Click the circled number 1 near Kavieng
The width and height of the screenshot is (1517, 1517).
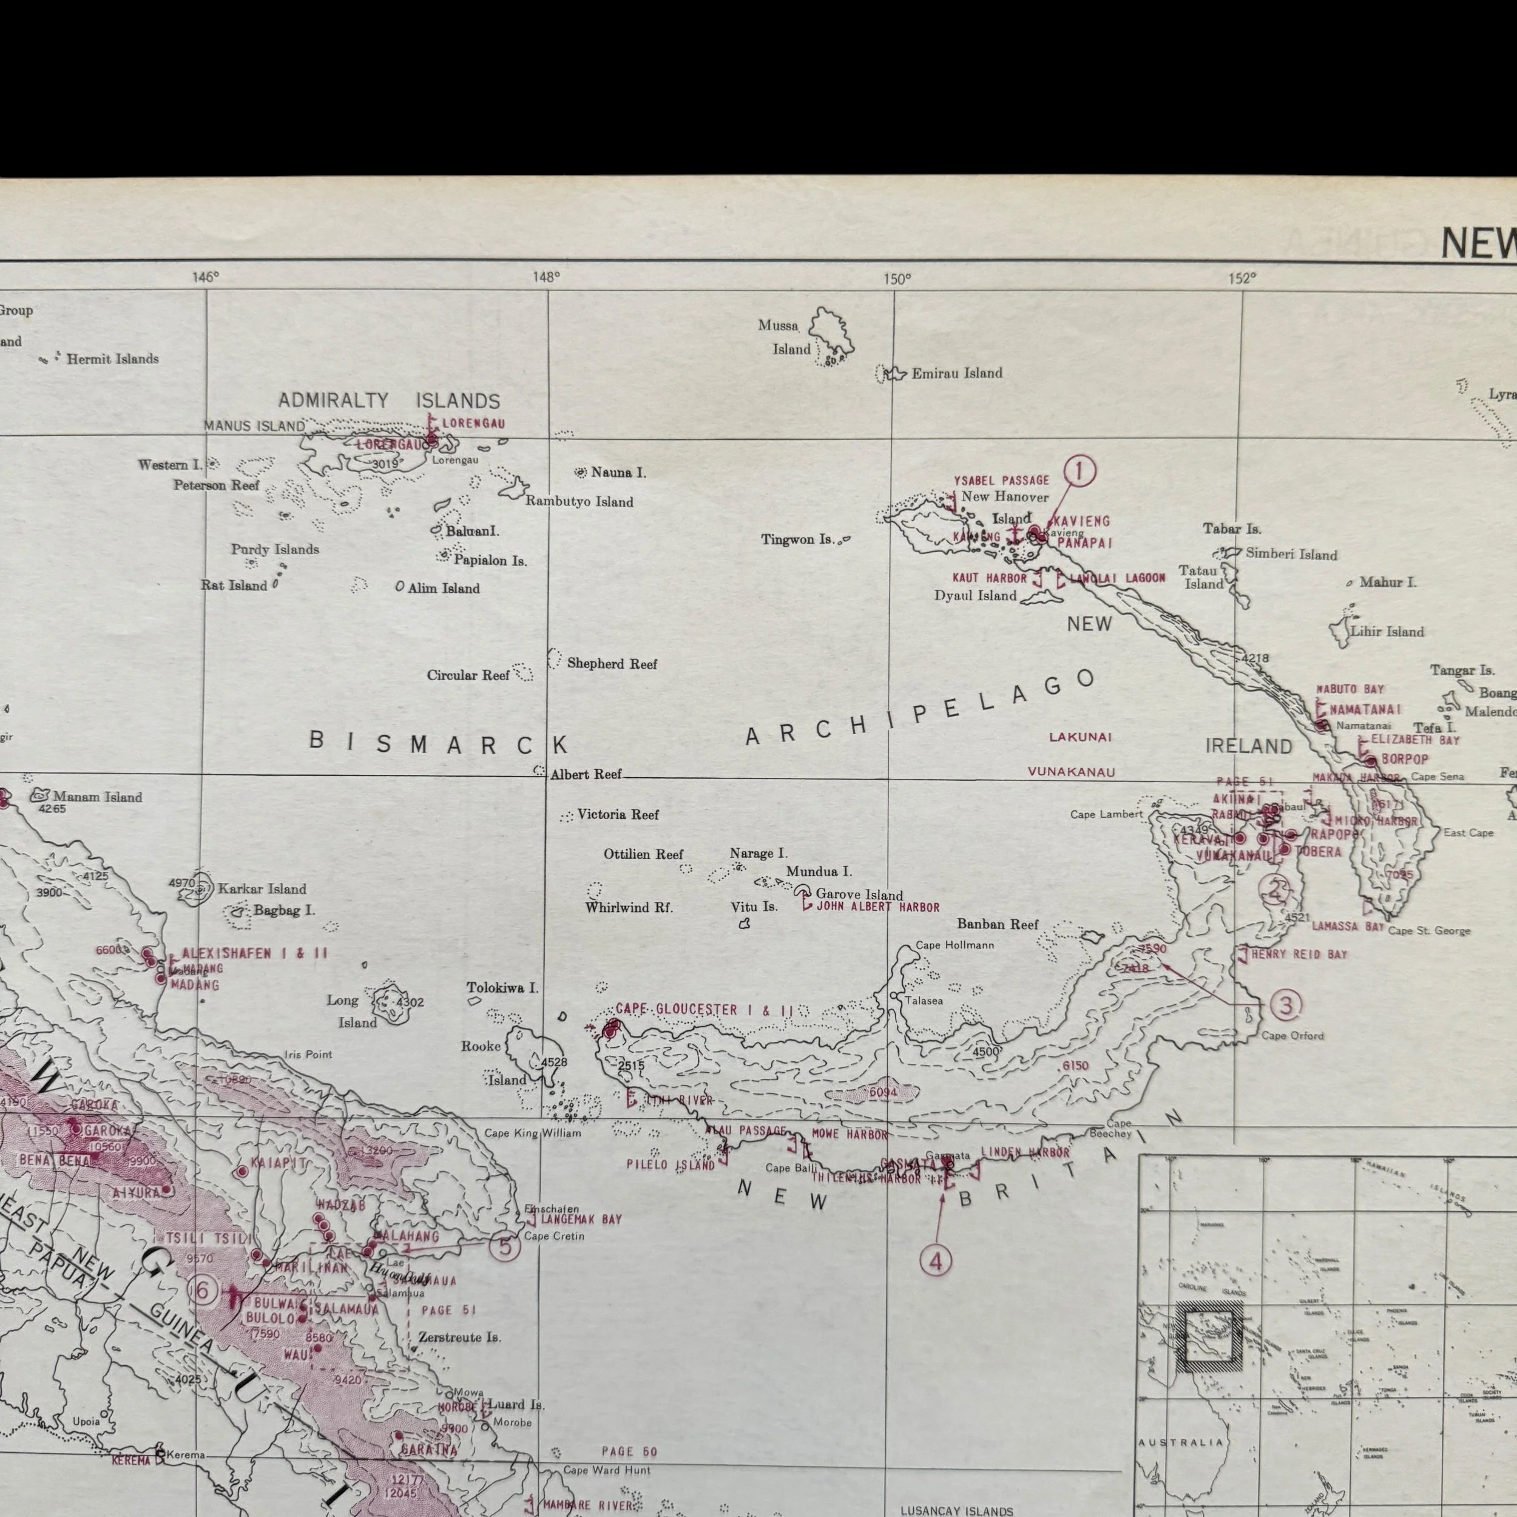click(x=1079, y=472)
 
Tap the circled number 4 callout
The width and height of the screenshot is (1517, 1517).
click(x=935, y=1261)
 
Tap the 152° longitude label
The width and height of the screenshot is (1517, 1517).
click(x=1242, y=277)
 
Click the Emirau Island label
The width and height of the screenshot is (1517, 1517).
click(x=956, y=374)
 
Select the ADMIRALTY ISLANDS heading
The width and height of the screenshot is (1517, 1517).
click(x=389, y=401)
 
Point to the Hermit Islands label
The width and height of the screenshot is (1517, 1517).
click(x=112, y=359)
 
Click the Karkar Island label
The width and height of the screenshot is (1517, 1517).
click(x=262, y=889)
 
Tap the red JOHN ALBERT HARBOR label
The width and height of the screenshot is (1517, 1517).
click(x=878, y=908)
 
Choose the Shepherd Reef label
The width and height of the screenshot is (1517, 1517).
click(x=612, y=663)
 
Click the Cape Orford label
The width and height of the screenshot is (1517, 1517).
click(x=1292, y=1036)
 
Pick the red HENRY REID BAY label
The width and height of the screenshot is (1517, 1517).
click(x=1299, y=954)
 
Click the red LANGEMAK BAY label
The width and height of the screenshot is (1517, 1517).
click(x=580, y=1220)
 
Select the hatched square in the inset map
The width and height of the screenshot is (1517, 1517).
click(x=1210, y=1336)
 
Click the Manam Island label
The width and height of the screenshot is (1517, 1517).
click(x=97, y=797)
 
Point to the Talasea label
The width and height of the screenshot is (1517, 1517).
click(x=924, y=1001)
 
